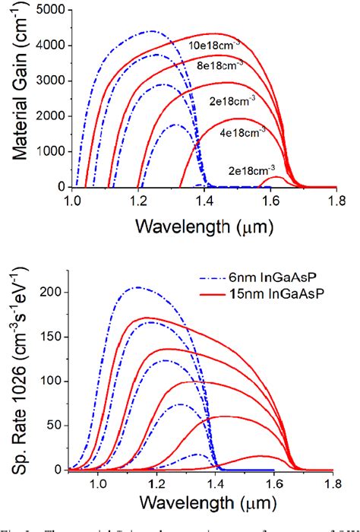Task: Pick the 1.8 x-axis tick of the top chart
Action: coord(333,201)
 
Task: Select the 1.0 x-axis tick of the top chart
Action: coord(73,201)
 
